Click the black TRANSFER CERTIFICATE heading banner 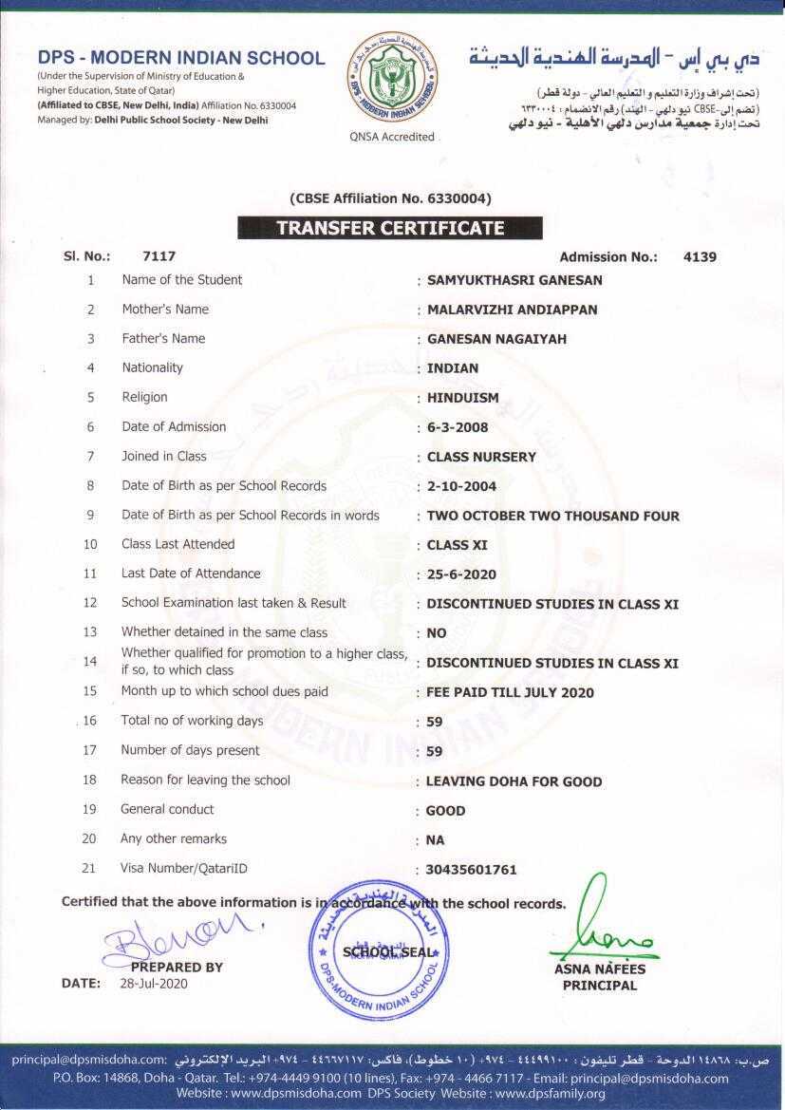coord(390,228)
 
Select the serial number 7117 coord(159,256)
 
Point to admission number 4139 coord(700,256)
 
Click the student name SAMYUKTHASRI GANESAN coord(514,280)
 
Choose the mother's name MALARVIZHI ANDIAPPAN coord(513,310)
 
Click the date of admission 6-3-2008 coord(458,427)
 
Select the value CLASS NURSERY coord(481,457)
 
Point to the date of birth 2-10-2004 coord(461,486)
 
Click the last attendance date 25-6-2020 coord(461,574)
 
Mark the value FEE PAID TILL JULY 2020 coord(510,692)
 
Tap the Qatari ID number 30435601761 coord(472,870)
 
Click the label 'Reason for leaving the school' coord(205,780)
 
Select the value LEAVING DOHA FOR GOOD coord(514,781)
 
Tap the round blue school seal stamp coord(377,952)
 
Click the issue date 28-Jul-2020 coord(154,984)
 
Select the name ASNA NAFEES coord(599,969)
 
